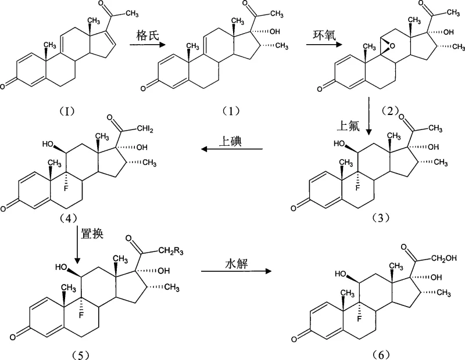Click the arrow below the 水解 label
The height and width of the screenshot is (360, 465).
[237, 271]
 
